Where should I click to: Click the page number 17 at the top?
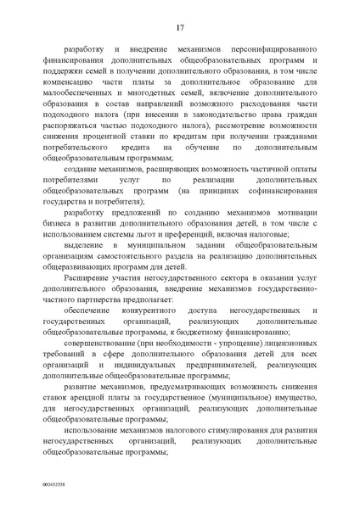pos(181,29)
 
